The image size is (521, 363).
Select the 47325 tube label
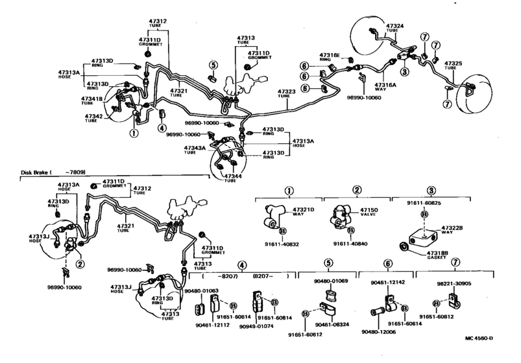click(454, 63)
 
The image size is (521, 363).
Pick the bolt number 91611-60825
click(424, 204)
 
